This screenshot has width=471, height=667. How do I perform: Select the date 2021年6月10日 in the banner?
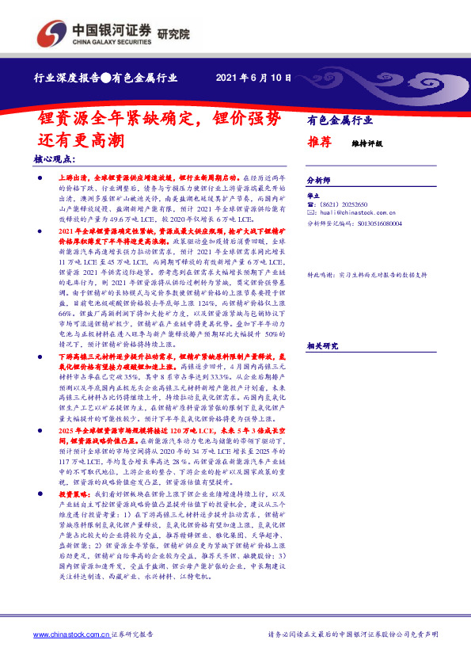click(x=253, y=78)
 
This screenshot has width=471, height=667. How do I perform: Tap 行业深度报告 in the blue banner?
click(x=66, y=78)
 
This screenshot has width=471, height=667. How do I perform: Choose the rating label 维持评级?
click(x=367, y=144)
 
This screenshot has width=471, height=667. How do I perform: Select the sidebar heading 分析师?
click(x=317, y=180)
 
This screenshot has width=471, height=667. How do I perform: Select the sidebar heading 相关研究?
click(x=322, y=324)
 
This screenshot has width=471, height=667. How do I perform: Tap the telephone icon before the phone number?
click(x=310, y=204)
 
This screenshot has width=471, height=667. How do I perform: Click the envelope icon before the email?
click(x=310, y=214)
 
